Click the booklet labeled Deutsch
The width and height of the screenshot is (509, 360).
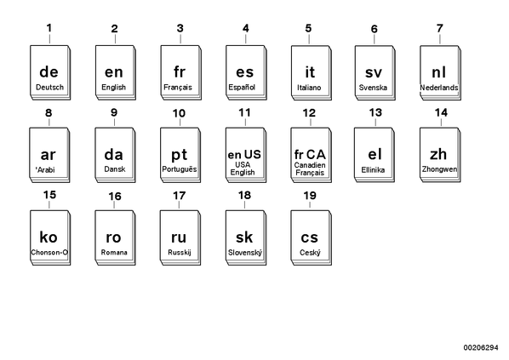coord(50,72)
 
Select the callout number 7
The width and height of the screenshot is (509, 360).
coord(440,29)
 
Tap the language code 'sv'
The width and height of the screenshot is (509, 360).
coord(374,72)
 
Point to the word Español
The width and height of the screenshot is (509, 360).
coord(242,88)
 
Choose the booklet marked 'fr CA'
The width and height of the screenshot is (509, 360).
coord(312,155)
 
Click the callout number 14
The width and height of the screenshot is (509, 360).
coord(441,112)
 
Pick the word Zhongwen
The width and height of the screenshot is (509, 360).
coord(439,169)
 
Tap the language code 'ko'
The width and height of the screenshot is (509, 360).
coord(49,237)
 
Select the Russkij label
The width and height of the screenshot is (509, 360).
coord(180,252)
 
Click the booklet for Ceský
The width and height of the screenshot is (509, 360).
coord(312,237)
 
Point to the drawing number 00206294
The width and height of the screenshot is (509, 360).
coord(481,348)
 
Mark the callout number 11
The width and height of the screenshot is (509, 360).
coord(245,112)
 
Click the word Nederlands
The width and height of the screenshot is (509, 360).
coord(439,88)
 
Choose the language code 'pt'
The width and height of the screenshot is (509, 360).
coord(180,155)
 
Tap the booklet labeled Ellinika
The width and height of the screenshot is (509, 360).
coord(375,155)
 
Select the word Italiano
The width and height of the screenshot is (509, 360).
coord(309,88)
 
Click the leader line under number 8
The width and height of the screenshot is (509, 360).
coord(49,123)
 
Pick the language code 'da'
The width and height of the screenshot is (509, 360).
coord(113,155)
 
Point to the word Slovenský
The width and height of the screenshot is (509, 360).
coord(245,253)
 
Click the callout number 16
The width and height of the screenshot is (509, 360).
coord(115,197)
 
